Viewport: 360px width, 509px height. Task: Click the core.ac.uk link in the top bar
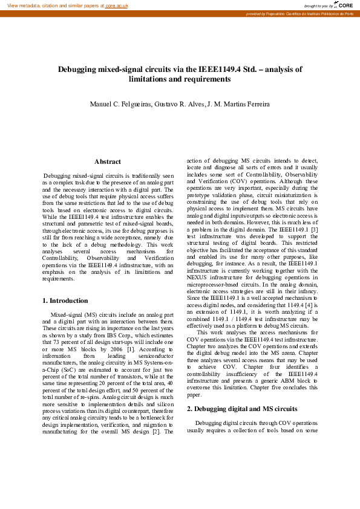click(x=117, y=5)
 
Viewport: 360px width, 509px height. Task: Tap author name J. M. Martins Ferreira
click(x=238, y=105)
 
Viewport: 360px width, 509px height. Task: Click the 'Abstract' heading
click(x=108, y=161)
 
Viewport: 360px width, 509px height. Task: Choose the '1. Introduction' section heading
click(x=65, y=300)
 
